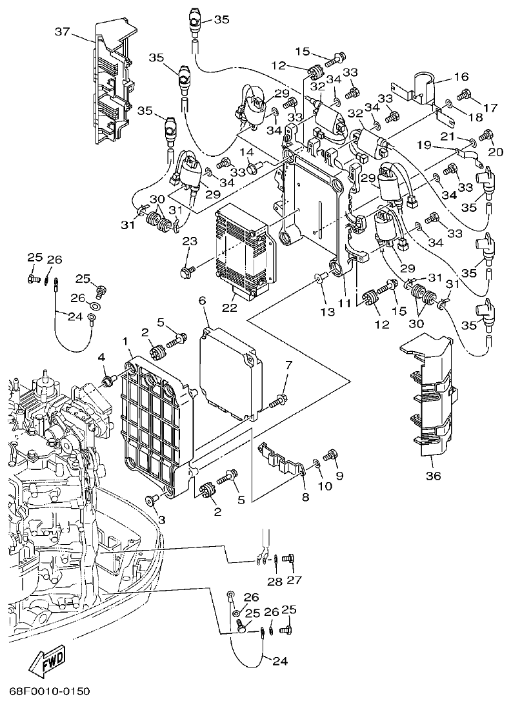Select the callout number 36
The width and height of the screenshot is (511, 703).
click(433, 476)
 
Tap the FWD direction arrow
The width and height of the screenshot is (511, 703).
click(47, 660)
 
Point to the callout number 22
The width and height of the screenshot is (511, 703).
click(229, 309)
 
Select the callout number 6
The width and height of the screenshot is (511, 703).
click(202, 301)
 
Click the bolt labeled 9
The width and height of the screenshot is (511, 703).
click(331, 455)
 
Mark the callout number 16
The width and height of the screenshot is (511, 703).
click(461, 77)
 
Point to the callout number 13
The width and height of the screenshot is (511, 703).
click(328, 311)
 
